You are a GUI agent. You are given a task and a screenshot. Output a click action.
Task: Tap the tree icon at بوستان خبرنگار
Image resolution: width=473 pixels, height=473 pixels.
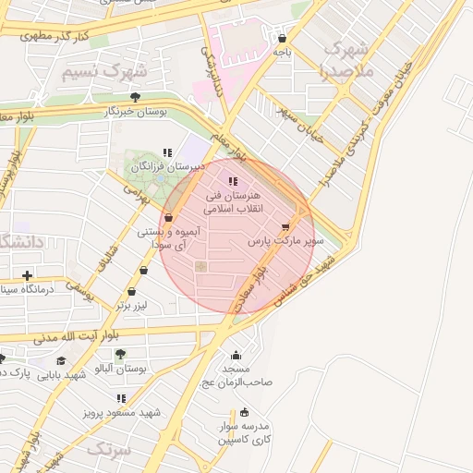click(x=136, y=96)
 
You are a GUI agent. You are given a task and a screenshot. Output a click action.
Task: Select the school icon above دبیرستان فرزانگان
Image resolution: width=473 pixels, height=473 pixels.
click(x=166, y=152)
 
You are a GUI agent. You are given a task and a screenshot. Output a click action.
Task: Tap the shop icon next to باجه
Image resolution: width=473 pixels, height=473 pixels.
click(x=282, y=39)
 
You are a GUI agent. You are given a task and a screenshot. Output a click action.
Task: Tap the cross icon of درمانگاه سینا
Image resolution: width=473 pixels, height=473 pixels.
click(x=28, y=275)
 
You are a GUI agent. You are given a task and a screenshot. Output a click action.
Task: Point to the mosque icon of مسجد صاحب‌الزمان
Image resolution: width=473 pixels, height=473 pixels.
click(x=236, y=356)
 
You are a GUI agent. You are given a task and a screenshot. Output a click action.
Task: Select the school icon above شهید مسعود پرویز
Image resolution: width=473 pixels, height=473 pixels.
click(x=121, y=398)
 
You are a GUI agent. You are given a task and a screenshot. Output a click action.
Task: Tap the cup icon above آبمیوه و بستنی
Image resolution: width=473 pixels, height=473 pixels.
click(x=167, y=218)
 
